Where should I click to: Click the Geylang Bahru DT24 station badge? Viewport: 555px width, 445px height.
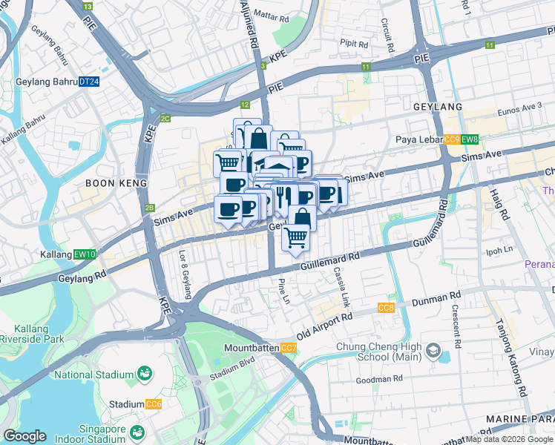click(89, 82)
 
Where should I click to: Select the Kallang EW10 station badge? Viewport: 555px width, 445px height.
click(86, 254)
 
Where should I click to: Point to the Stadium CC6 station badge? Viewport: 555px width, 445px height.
click(154, 404)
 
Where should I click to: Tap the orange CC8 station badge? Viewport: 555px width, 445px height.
click(386, 308)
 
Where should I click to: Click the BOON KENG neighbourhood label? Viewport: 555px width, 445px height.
click(112, 182)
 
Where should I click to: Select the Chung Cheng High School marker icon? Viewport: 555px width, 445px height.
click(432, 349)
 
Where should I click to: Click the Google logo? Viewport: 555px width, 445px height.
click(24, 436)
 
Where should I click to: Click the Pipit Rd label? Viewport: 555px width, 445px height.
click(354, 44)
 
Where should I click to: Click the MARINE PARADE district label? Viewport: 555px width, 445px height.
click(519, 420)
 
